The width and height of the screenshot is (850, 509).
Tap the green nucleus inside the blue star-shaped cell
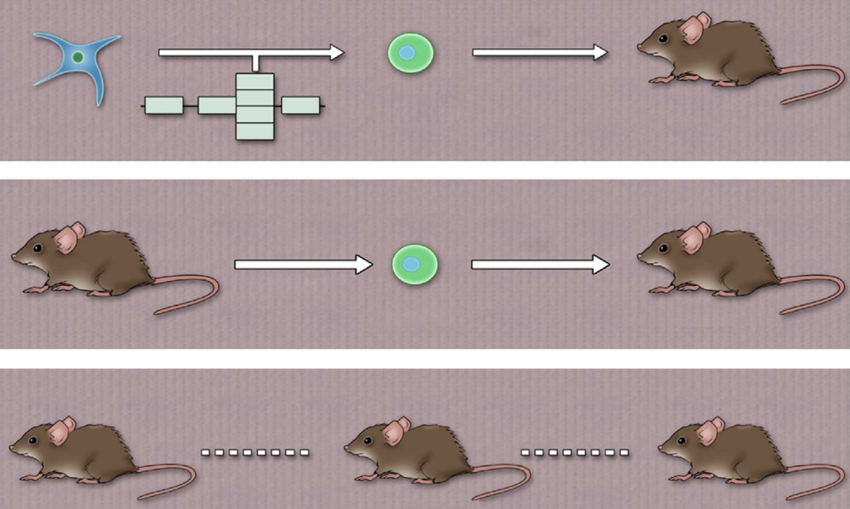pyautogui.click(x=78, y=57)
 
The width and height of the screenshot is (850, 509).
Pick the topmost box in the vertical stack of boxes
pyautogui.click(x=255, y=81)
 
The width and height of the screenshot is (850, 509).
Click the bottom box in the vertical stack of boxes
pyautogui.click(x=255, y=132)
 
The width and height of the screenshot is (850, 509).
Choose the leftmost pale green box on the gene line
pyautogui.click(x=164, y=106)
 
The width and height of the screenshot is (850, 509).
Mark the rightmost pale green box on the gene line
pyautogui.click(x=300, y=106)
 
